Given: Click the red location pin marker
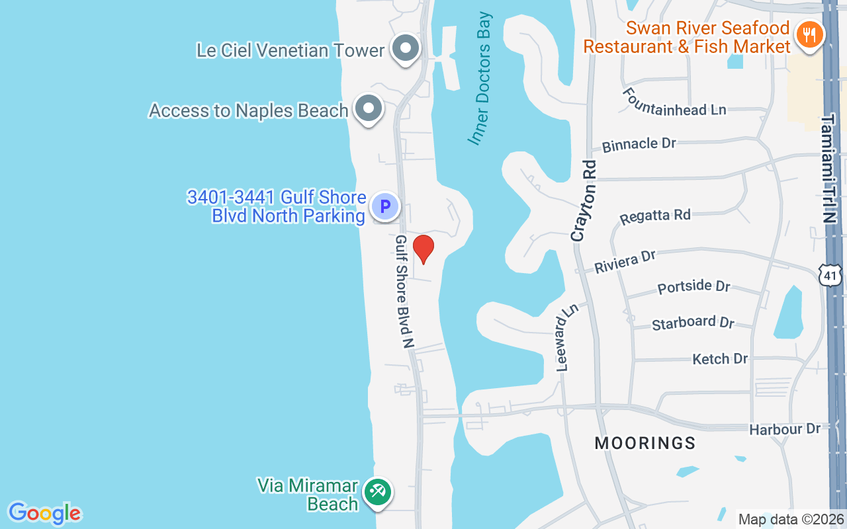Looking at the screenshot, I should click(423, 249).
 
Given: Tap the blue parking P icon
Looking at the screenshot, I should click(384, 207).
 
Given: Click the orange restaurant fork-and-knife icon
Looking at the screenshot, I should click(809, 33).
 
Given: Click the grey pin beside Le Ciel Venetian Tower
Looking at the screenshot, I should click(405, 49).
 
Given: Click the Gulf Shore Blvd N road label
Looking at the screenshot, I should click(404, 291).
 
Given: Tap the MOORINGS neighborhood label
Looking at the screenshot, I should click(645, 443).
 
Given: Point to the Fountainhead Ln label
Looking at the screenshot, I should click(674, 105).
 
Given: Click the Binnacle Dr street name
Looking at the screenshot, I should click(639, 144).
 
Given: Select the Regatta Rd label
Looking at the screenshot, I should click(654, 216).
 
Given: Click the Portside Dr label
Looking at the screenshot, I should click(693, 287).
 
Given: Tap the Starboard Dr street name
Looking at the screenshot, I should click(693, 323).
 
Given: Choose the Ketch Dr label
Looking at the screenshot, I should click(720, 359).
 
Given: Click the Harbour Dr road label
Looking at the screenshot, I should click(785, 430).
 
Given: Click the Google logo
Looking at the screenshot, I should click(44, 513).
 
